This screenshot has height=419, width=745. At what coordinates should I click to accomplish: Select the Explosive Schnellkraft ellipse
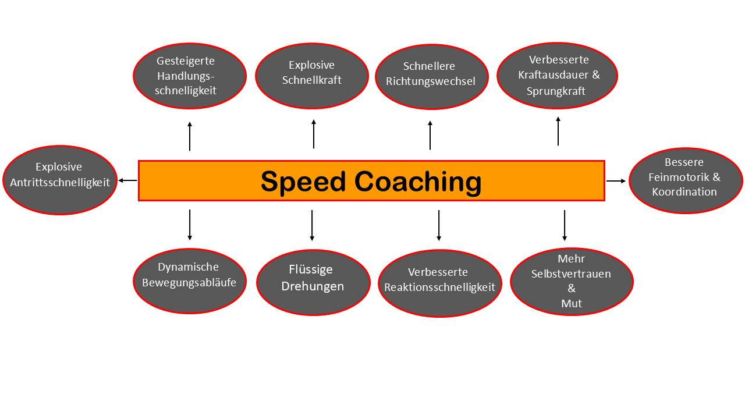312,76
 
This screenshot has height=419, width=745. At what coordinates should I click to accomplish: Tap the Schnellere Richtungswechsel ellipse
432,77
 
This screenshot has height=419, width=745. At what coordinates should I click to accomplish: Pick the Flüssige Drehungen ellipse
313,282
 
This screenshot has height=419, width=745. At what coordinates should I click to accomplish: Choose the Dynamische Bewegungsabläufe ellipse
190,281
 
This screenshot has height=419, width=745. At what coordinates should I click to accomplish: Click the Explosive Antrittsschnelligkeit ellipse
60,180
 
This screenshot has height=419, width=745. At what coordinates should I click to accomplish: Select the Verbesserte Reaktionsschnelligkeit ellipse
439,283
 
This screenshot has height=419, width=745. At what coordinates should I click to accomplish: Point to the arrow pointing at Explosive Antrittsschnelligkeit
127,180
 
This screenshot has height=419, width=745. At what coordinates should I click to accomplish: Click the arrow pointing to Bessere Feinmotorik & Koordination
616,181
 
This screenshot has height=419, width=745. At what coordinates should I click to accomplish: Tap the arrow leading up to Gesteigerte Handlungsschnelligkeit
190,136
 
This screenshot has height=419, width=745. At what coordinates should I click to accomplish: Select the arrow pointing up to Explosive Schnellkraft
314,134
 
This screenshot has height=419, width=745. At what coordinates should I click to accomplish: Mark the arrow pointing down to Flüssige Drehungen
312,225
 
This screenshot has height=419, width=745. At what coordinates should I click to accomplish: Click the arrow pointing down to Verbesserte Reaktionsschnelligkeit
439,225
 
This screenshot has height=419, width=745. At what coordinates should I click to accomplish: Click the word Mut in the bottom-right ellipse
572,303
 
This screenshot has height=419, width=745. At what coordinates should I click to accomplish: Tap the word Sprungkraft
556,91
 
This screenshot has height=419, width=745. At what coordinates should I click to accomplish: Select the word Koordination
684,191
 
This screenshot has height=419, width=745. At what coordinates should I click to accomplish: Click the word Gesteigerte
186,61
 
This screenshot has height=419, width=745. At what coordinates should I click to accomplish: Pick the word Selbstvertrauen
571,274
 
